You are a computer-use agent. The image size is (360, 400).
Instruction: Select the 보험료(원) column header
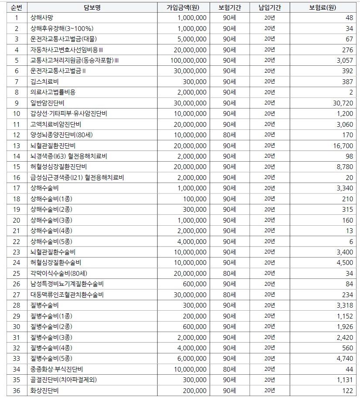(323, 7)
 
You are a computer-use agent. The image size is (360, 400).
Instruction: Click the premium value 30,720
(342, 103)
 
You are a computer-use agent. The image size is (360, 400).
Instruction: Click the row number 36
(17, 391)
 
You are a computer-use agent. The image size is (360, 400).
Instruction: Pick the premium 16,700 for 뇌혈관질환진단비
(343, 146)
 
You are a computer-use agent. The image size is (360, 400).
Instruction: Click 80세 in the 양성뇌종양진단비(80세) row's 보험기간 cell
(229, 135)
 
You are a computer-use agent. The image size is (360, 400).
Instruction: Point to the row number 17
(17, 188)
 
